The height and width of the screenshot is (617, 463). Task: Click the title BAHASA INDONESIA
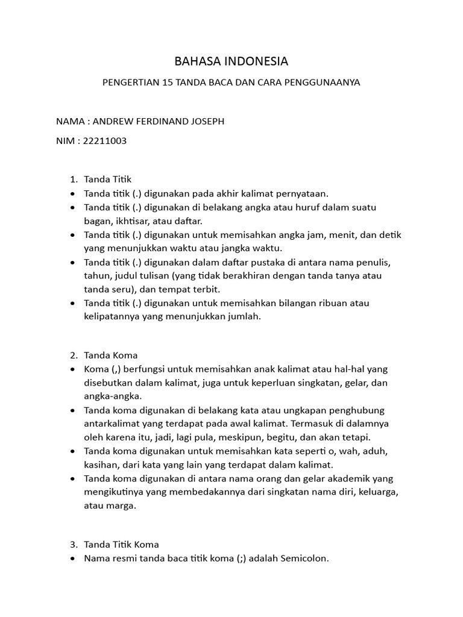click(231, 61)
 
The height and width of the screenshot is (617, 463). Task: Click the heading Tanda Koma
click(111, 355)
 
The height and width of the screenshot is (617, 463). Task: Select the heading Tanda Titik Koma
click(121, 545)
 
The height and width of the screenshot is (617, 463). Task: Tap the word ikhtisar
click(128, 221)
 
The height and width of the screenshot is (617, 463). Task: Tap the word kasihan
click(101, 465)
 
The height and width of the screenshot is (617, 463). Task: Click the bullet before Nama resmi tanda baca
click(73, 559)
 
